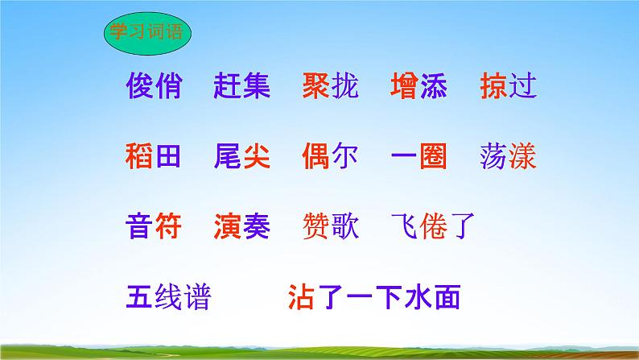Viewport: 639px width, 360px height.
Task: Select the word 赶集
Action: pos(243,85)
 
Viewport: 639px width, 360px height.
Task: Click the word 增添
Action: pos(418,85)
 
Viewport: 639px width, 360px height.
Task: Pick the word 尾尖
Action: pos(243,154)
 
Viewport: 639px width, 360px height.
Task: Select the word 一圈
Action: pos(418,154)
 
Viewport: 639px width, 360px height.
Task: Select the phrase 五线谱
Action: pos(168,298)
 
